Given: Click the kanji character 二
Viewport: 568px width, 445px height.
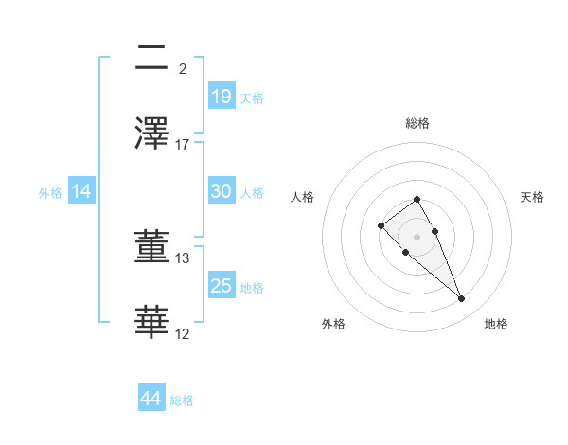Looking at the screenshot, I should coord(152,59).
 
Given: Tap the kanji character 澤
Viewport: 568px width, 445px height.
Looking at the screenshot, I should coord(152,133).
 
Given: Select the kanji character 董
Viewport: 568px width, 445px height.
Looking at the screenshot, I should coord(152,248).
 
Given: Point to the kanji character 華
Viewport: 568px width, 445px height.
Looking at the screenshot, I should coord(152,323).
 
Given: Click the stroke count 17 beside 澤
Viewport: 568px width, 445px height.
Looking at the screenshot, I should coord(183,144).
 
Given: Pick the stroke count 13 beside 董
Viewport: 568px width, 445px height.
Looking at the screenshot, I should coord(183,258).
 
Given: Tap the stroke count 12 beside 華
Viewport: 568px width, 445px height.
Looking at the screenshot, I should coord(183,333).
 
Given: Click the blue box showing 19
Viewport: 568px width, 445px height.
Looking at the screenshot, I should coord(221,96).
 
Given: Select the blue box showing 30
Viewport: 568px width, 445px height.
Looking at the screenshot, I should coord(221,191).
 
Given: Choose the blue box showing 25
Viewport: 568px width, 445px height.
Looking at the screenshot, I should coord(221,286).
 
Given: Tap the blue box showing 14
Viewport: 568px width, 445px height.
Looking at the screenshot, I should coord(81,191).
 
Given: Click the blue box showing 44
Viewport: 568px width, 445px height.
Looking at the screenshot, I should coord(151,399).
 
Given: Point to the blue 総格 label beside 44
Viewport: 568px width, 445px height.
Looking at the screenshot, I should coord(182,400).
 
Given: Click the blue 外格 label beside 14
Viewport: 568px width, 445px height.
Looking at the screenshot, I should coord(50,193).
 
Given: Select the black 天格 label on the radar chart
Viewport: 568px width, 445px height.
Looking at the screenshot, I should coord(532,197).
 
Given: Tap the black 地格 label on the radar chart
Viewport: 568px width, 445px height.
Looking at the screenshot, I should coord(496,324).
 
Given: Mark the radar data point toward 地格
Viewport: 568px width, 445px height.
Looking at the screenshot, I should coord(462,299).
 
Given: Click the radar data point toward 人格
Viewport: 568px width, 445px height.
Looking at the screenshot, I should coord(381,225).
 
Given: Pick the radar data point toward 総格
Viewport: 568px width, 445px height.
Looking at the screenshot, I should coord(417,199).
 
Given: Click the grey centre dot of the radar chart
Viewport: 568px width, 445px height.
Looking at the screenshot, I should coord(417,236).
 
